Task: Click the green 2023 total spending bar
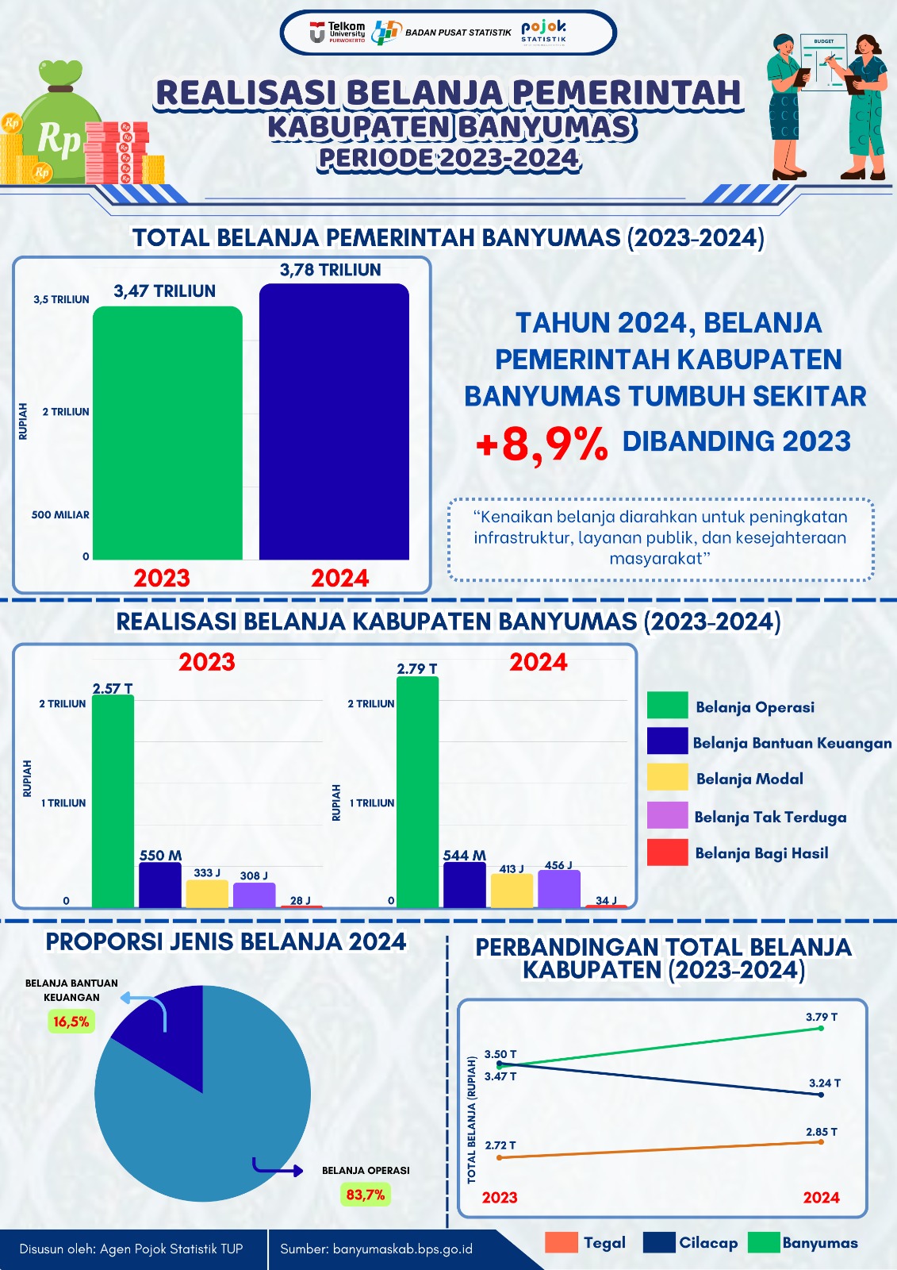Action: click(167, 433)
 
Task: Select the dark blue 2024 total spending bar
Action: click(334, 421)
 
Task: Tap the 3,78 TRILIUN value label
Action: click(330, 270)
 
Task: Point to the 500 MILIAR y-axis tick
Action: click(60, 514)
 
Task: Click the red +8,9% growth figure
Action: click(542, 444)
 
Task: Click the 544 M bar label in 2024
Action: click(464, 855)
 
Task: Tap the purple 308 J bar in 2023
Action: click(254, 895)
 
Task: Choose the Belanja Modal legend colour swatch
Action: click(667, 778)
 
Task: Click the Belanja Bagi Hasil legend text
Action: click(761, 853)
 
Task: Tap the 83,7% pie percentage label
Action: click(365, 1195)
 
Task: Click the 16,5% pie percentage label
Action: click(71, 1022)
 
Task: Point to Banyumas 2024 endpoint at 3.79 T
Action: click(821, 1028)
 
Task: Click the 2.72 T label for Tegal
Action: click(500, 1145)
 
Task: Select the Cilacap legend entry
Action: click(690, 1243)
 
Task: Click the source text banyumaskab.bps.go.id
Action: click(376, 1249)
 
